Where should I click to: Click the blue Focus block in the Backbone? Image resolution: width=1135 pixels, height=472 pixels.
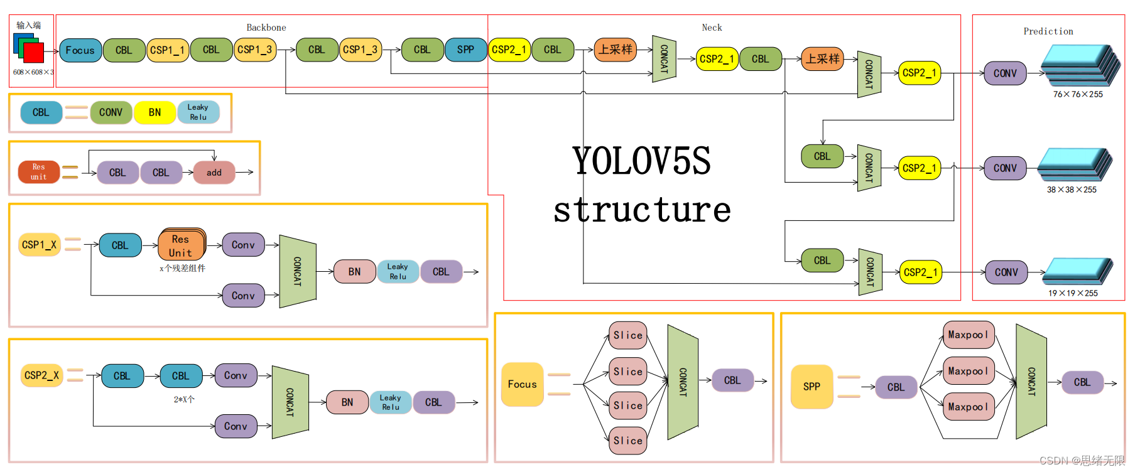[80, 50]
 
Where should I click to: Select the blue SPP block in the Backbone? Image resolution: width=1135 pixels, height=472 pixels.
[465, 50]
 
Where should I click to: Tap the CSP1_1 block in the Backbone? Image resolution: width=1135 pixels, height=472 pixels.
[167, 50]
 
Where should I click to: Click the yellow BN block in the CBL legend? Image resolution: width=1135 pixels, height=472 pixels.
[155, 112]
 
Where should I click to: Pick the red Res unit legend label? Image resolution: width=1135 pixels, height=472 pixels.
[39, 171]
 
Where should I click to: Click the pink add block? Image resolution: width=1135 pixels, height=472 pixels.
[214, 173]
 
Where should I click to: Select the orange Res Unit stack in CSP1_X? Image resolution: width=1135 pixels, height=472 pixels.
[181, 245]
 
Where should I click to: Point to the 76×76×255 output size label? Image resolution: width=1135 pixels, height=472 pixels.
[1078, 94]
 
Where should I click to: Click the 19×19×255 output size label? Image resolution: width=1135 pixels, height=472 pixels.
[1073, 293]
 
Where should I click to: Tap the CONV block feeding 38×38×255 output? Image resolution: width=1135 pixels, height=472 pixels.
[1005, 168]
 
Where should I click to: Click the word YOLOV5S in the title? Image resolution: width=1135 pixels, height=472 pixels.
[641, 161]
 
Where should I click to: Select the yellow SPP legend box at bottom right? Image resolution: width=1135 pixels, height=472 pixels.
[812, 387]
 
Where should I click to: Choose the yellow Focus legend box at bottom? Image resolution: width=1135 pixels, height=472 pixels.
[522, 384]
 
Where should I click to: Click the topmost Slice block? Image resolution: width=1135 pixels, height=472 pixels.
[627, 335]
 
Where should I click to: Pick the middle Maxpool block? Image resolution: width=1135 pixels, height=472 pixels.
[968, 371]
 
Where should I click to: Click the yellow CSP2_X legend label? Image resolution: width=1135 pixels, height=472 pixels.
[41, 375]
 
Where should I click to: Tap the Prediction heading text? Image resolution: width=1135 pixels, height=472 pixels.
[1048, 31]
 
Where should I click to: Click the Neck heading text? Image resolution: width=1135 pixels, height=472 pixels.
[712, 28]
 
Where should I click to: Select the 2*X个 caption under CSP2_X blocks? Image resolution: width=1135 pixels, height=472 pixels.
[184, 399]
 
